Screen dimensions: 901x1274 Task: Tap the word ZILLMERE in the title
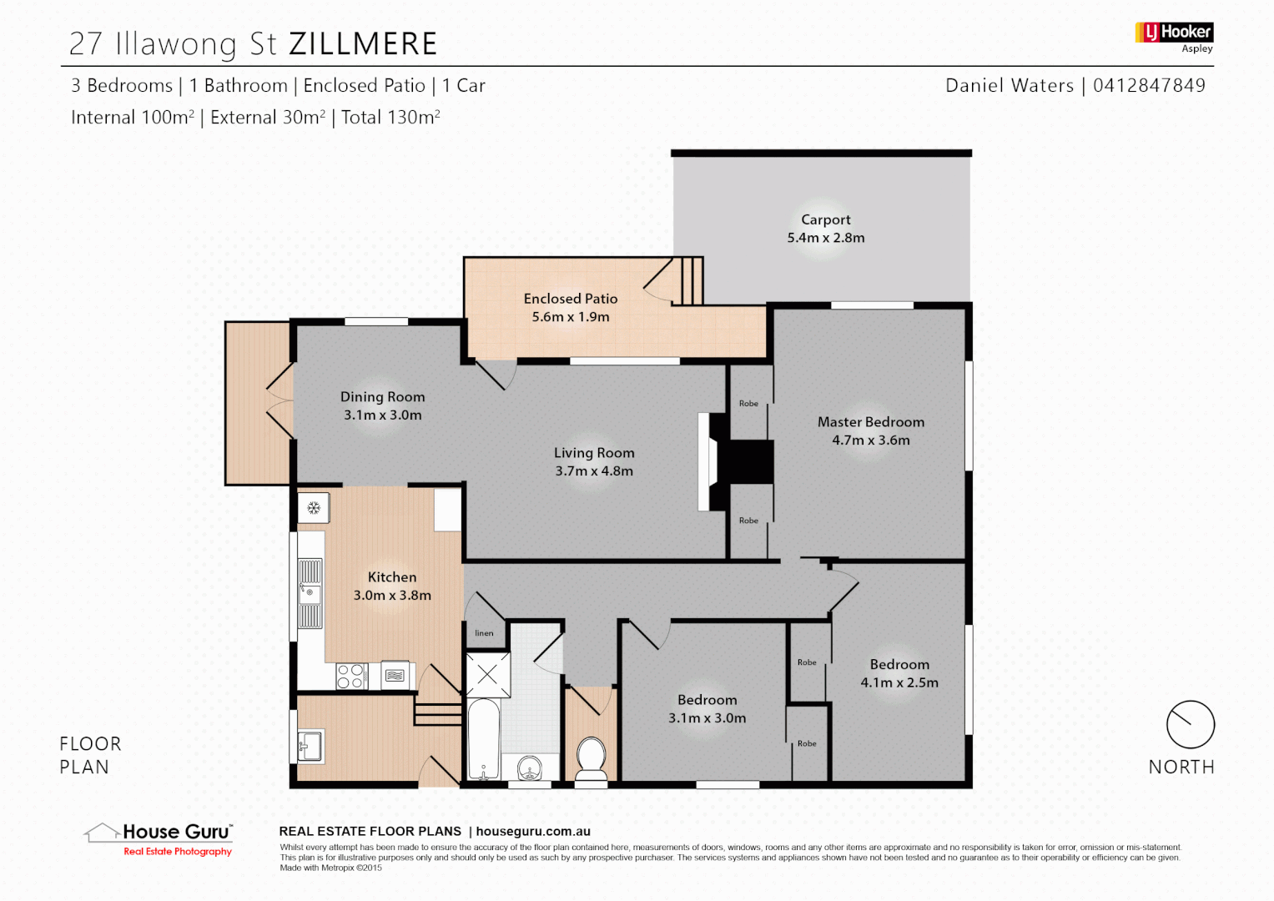(363, 44)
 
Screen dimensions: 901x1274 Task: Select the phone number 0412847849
(1149, 85)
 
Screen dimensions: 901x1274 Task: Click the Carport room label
(825, 219)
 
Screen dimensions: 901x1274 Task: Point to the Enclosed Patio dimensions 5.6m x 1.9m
(571, 317)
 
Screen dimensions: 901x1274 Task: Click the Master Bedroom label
(870, 422)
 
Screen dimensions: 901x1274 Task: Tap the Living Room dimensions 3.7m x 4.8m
(594, 471)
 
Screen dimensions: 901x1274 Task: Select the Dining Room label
(382, 397)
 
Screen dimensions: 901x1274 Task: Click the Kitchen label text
(392, 577)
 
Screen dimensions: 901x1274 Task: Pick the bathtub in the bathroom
(483, 739)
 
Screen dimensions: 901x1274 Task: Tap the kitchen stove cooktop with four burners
(351, 676)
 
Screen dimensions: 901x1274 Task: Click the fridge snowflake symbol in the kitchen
(314, 507)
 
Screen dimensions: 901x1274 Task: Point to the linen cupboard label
(484, 633)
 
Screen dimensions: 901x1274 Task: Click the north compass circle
(1190, 724)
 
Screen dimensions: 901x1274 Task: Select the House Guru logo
(159, 837)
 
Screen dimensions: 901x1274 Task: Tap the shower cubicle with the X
(487, 675)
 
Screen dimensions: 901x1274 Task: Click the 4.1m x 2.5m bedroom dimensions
(899, 682)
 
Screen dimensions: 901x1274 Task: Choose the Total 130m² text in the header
(390, 118)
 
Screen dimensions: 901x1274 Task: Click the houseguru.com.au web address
(533, 831)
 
